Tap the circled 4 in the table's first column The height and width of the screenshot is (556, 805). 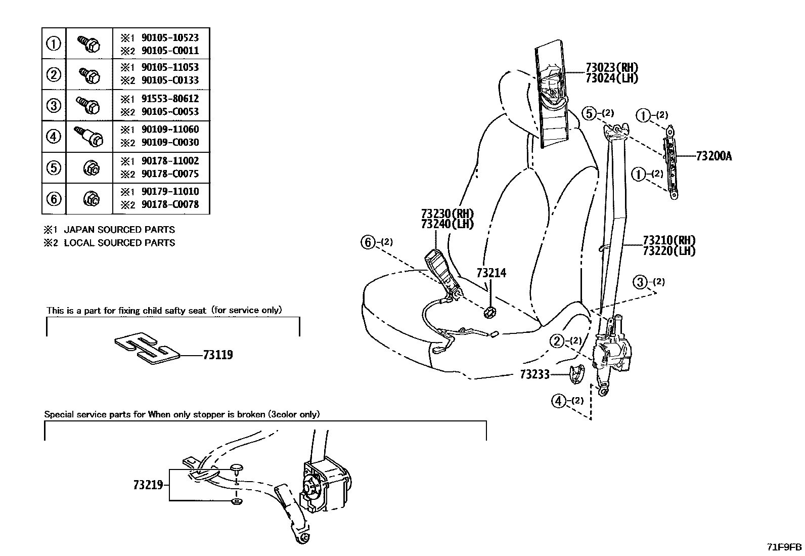pyautogui.click(x=54, y=137)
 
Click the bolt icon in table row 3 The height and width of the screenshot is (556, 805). pyautogui.click(x=88, y=105)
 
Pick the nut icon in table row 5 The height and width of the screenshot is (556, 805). pyautogui.click(x=90, y=167)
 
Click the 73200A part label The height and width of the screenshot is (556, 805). pyautogui.click(x=713, y=156)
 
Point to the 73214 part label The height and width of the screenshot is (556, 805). pyautogui.click(x=491, y=273)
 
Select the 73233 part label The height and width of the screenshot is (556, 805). pyautogui.click(x=534, y=375)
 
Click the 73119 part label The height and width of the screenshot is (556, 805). pyautogui.click(x=218, y=355)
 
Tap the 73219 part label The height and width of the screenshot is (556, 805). pyautogui.click(x=148, y=485)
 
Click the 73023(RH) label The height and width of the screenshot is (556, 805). pyautogui.click(x=612, y=67)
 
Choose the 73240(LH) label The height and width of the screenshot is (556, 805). pyautogui.click(x=448, y=224)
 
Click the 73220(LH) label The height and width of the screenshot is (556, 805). pyautogui.click(x=669, y=250)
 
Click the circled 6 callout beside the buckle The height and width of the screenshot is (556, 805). pyautogui.click(x=368, y=242)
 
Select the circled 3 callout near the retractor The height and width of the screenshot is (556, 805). pyautogui.click(x=641, y=282)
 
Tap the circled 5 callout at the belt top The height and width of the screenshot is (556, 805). pyautogui.click(x=589, y=113)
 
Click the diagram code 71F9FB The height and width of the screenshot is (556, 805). pyautogui.click(x=783, y=547)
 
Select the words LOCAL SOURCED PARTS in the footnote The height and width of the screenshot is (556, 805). pyautogui.click(x=119, y=243)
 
